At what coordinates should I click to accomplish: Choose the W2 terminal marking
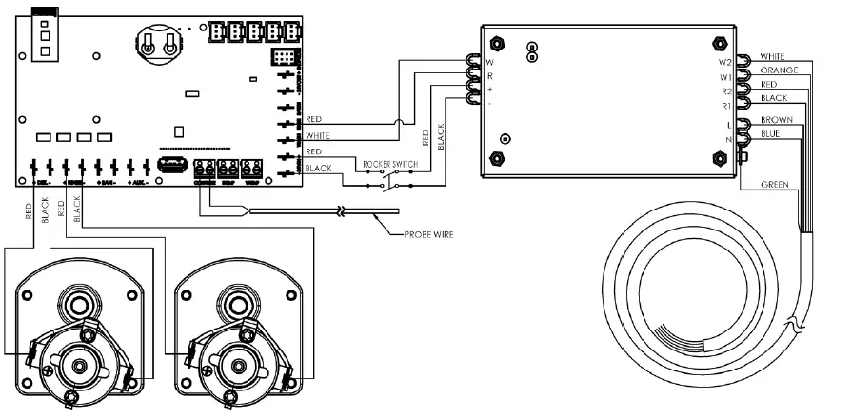724,62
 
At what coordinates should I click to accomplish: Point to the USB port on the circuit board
172,169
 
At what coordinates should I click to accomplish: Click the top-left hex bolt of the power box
496,45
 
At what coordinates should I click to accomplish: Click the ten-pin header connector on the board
282,59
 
